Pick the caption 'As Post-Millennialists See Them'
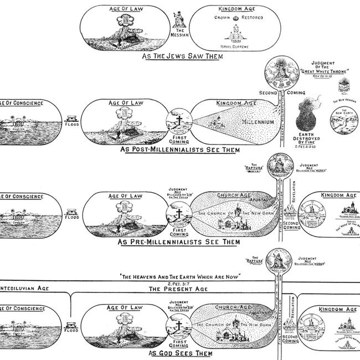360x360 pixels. point(181,149)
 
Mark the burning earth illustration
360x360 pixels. point(308,115)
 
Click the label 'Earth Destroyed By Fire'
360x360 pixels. point(308,141)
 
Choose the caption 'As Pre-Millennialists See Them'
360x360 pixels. point(180,242)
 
